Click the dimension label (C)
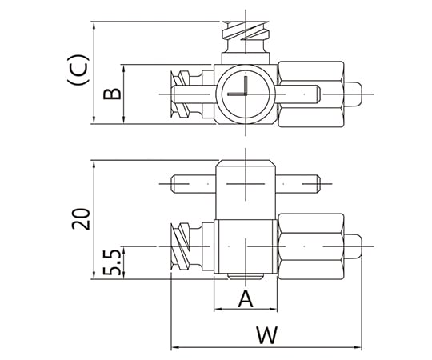78,70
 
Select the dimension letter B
114,94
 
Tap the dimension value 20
80,219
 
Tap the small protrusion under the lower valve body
246,278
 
